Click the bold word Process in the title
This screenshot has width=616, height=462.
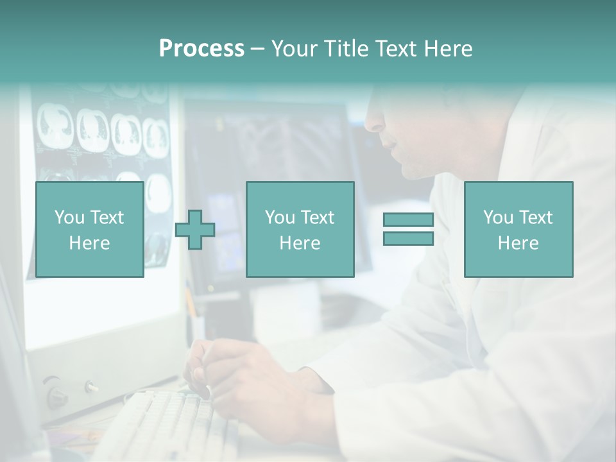201,49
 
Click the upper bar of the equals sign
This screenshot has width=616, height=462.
408,220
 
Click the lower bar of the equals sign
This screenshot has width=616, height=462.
408,239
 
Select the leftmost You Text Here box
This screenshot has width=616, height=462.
89,230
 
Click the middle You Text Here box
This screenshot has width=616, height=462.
300,230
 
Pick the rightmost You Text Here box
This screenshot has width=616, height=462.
518,230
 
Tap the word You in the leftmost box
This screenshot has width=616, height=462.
69,218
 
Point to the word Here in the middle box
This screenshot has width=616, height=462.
300,243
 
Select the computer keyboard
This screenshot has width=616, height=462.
160,424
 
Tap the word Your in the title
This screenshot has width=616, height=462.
295,49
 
